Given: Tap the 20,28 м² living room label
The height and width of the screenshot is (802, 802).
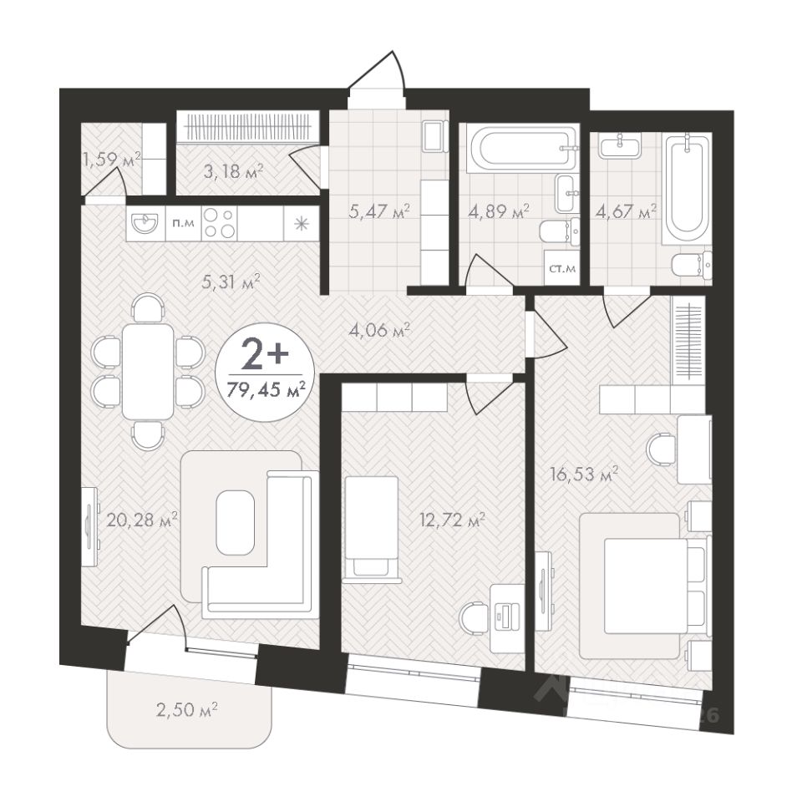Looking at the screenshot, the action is coord(142,520).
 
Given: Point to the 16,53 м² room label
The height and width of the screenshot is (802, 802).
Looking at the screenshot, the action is coord(585,475).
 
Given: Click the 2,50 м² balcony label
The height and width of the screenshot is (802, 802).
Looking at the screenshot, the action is coord(186,710).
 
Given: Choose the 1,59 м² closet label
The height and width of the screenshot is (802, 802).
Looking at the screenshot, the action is coord(112,160).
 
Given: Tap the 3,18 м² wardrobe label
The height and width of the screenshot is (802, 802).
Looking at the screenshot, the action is coord(233,171).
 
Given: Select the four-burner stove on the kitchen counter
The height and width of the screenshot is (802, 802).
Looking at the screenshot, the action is coord(220,224).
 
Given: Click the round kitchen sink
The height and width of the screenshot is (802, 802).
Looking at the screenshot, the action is coord(145,224).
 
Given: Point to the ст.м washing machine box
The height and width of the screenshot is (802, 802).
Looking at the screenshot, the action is coord(562,267).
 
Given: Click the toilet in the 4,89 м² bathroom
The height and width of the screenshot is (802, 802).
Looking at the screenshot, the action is coord(560,231).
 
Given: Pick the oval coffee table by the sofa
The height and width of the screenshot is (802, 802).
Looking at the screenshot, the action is coord(236,522).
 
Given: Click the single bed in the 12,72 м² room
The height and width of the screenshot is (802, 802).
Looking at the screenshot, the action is coord(371,530).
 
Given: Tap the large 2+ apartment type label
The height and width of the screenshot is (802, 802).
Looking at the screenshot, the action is coord(265,357).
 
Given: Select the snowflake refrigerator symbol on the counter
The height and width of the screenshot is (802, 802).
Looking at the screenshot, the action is coord(302,224).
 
